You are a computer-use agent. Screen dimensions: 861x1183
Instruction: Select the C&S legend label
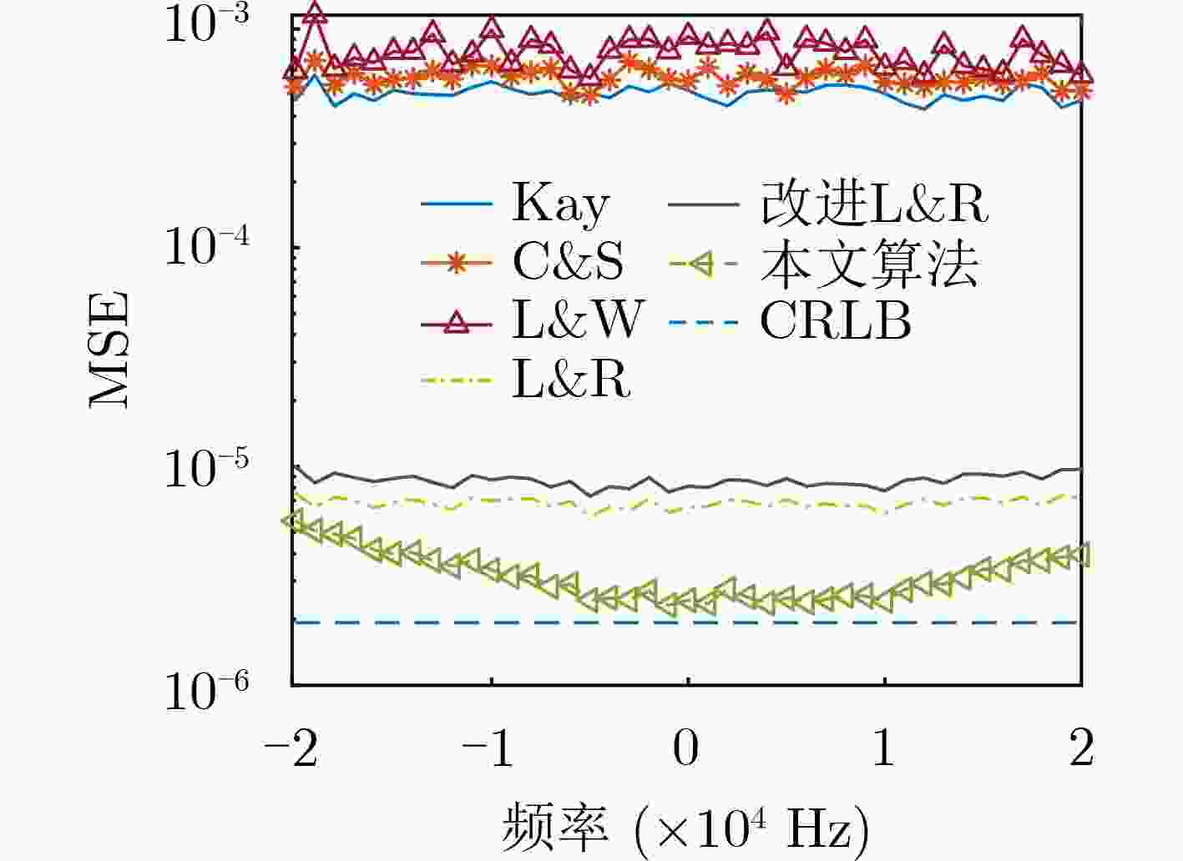[x=568, y=263]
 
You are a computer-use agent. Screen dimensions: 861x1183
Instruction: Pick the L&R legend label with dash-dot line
[x=571, y=380]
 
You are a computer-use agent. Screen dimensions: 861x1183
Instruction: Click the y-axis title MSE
[x=111, y=349]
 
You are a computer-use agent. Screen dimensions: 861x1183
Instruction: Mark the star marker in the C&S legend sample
[x=456, y=264]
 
